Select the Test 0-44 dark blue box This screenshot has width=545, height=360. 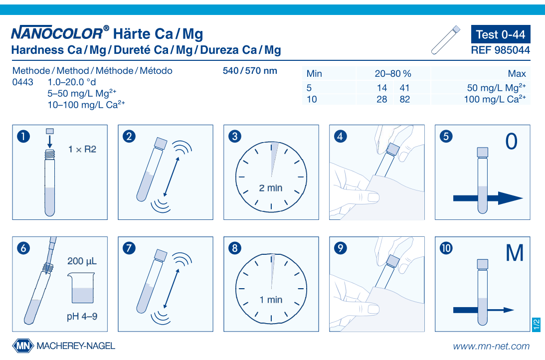[500, 34]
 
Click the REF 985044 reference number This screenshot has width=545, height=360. [500, 50]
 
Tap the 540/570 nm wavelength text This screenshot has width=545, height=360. [250, 71]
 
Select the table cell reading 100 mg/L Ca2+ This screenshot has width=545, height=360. [494, 99]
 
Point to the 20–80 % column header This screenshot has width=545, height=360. [393, 74]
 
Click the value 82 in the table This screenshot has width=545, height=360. [404, 99]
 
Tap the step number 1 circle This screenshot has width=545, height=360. [23, 136]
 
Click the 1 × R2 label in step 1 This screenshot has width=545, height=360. [82, 149]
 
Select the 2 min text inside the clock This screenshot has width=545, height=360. [271, 188]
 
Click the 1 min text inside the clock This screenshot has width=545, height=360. [271, 300]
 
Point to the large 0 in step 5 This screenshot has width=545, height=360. [511, 142]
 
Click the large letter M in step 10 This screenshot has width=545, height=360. [515, 254]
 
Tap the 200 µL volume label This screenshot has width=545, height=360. [82, 261]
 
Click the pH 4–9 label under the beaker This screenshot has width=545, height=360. [82, 317]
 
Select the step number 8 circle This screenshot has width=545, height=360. [234, 248]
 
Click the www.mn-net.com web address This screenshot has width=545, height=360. [491, 346]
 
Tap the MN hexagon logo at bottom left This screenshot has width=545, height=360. [23, 346]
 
